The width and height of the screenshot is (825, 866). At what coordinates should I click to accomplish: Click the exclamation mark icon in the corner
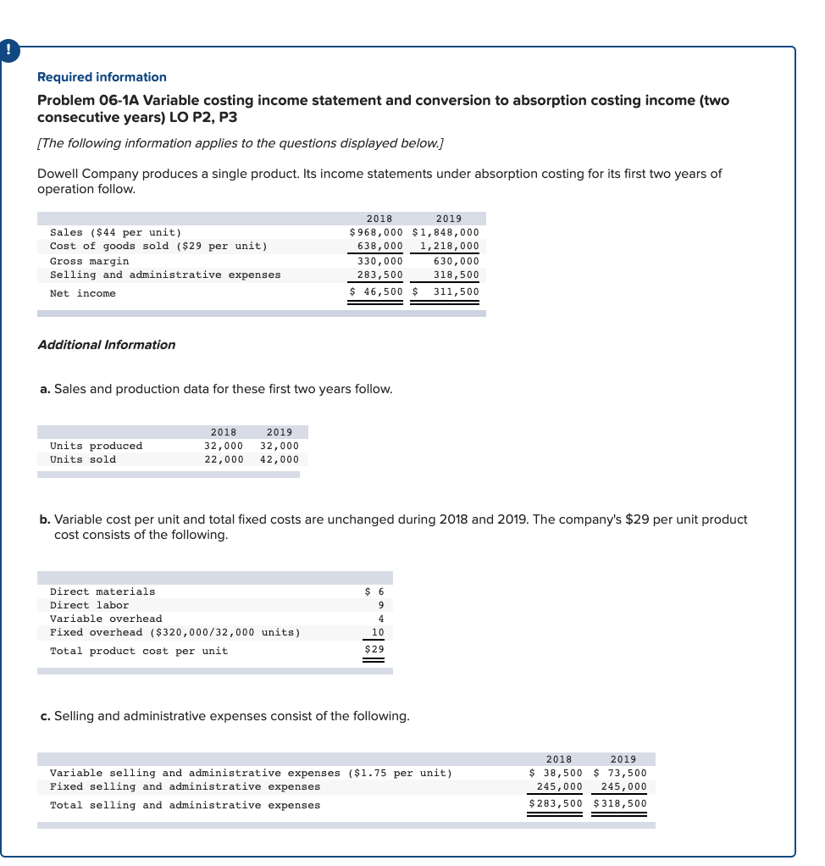click(8, 50)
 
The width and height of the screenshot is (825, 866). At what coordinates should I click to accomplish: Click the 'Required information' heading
click(102, 77)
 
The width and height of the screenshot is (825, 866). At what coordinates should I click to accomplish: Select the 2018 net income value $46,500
click(377, 292)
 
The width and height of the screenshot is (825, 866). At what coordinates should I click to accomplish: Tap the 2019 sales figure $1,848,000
click(446, 232)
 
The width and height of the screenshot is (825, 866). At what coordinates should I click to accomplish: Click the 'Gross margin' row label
click(90, 261)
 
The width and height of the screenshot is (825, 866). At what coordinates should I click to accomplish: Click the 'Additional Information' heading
click(107, 345)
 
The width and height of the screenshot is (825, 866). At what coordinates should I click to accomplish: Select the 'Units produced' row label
click(97, 446)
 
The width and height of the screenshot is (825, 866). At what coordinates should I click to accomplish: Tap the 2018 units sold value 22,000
click(224, 459)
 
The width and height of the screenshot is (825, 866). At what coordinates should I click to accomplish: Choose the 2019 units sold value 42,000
click(280, 459)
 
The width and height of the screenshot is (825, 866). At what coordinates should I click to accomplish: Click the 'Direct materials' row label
click(102, 591)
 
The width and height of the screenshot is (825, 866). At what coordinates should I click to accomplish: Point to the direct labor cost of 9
click(380, 605)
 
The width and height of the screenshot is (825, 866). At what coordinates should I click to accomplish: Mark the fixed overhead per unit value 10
click(378, 632)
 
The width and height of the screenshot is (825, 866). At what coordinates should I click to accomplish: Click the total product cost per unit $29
click(374, 650)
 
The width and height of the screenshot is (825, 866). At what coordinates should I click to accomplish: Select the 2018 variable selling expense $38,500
click(556, 773)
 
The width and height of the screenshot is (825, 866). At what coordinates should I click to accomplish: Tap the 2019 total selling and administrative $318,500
click(620, 804)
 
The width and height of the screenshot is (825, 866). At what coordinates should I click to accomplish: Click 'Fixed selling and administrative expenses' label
click(185, 786)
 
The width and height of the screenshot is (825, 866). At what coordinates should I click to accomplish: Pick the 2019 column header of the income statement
click(448, 219)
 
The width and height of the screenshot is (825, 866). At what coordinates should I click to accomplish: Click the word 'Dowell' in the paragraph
click(58, 174)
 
